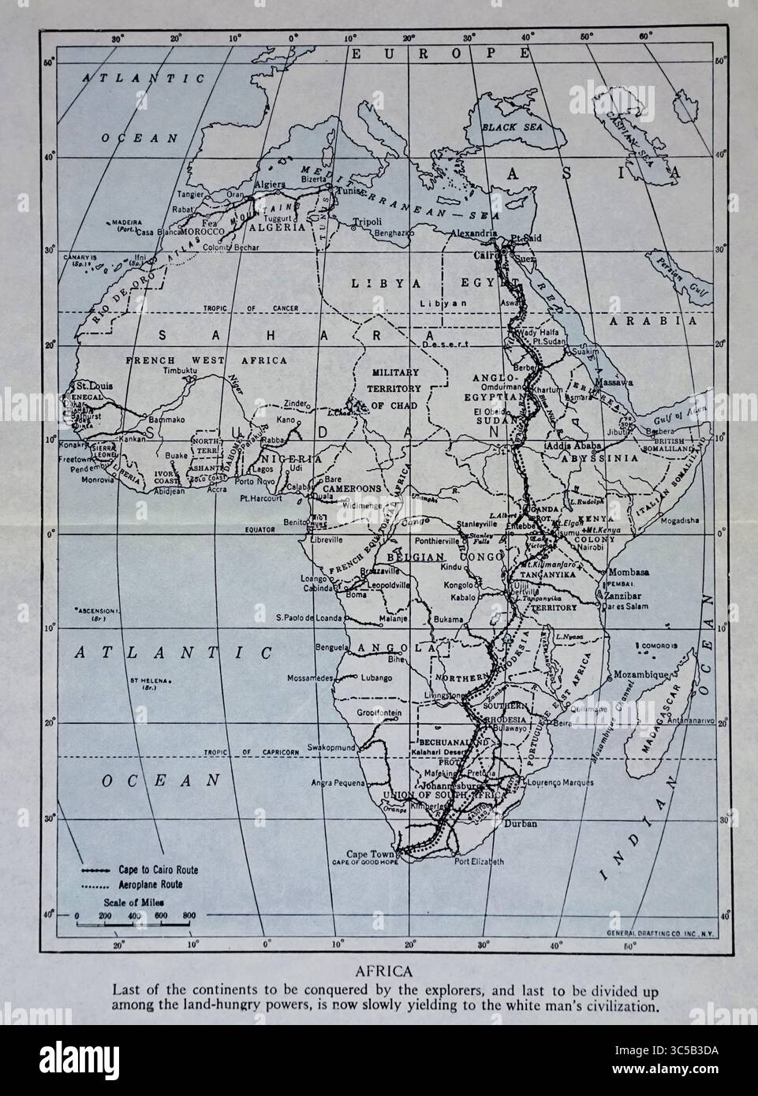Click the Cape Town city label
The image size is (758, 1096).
click(369, 855)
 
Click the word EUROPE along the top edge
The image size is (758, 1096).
click(441, 54)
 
